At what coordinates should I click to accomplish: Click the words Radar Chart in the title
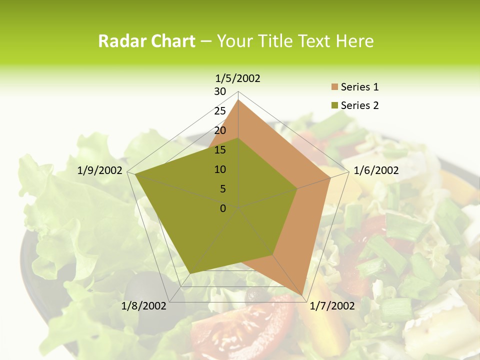click(x=146, y=41)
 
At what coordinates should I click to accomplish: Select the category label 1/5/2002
click(x=237, y=78)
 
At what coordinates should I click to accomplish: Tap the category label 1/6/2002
click(x=376, y=170)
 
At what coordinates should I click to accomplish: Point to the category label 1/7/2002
click(x=332, y=306)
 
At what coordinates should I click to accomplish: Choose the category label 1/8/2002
click(x=144, y=306)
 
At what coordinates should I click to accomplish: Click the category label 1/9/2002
click(x=100, y=170)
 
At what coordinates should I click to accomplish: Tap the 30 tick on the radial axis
click(x=220, y=91)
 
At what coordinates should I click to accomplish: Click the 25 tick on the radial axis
click(x=220, y=111)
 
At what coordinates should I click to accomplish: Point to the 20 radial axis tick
click(x=220, y=130)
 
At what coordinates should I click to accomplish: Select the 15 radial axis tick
click(x=220, y=150)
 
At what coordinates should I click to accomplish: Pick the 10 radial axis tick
click(x=220, y=169)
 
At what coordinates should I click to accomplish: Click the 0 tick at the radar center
click(x=223, y=208)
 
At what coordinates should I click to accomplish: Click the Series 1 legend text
click(x=359, y=87)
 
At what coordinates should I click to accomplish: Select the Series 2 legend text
click(x=359, y=105)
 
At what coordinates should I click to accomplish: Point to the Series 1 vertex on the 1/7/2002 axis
click(x=303, y=295)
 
